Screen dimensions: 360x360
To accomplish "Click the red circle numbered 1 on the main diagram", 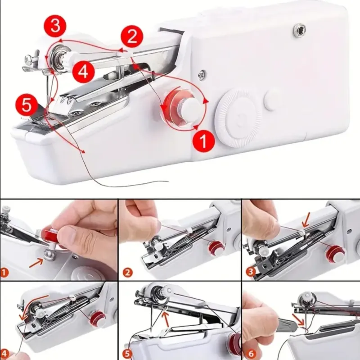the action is (x=204, y=141).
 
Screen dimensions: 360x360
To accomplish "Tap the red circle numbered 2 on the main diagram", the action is (x=131, y=37).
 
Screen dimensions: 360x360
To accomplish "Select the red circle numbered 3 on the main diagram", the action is (x=55, y=26).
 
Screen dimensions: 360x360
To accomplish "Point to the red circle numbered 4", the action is (x=83, y=72).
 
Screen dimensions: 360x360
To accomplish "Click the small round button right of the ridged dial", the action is (x=273, y=100).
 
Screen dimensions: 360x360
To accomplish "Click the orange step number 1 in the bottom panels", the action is (x=4, y=273).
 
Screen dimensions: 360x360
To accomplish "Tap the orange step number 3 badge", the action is (x=251, y=272).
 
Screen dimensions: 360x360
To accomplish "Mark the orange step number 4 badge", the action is (x=5, y=353).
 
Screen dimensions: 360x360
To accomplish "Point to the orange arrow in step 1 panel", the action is (x=36, y=263).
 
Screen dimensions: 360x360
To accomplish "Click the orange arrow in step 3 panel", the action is (x=306, y=220).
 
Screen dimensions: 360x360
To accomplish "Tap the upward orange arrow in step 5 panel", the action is (x=166, y=318).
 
